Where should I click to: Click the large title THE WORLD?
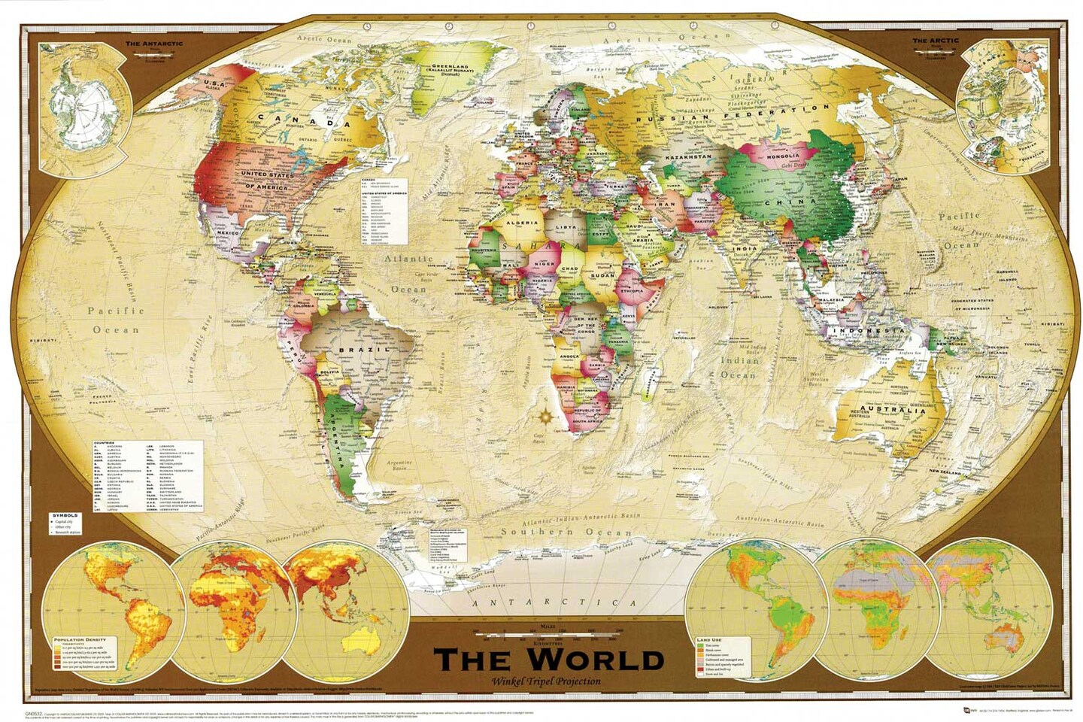[x=548, y=659]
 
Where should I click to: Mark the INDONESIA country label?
[x=866, y=331]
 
